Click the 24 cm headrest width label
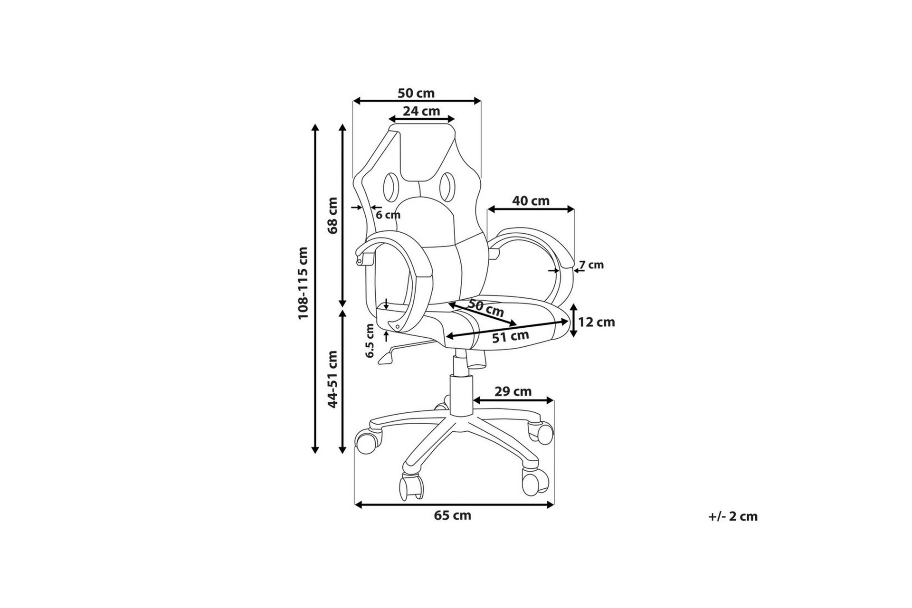click(421, 111)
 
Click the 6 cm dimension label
click(388, 215)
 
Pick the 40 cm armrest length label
click(531, 201)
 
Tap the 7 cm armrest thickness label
click(592, 265)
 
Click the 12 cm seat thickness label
click(597, 322)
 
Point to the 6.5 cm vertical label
click(370, 341)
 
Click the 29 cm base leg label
click(513, 391)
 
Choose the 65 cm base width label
click(453, 515)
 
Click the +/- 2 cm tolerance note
click(733, 516)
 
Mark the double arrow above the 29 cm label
click(514, 401)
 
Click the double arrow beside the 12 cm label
click(574, 321)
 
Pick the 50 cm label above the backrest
click(416, 93)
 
